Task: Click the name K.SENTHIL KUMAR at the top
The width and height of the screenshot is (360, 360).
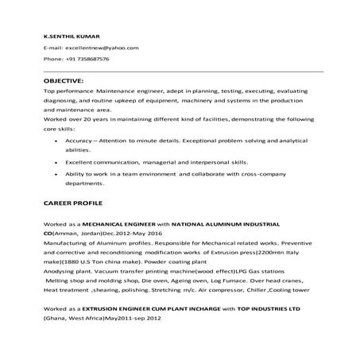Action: [70, 36]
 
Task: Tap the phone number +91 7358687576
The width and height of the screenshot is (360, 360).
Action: [87, 59]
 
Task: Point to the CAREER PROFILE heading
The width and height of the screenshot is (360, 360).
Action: [76, 203]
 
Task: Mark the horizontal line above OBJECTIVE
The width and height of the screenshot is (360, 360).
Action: [183, 71]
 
